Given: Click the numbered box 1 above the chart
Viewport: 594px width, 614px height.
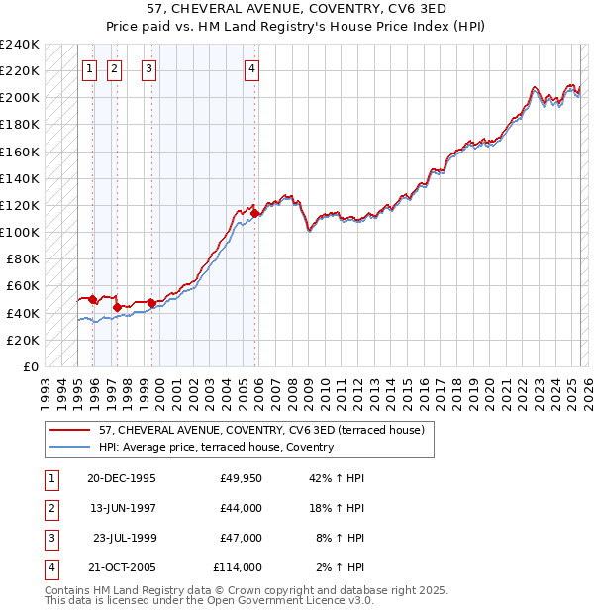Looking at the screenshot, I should [90, 68].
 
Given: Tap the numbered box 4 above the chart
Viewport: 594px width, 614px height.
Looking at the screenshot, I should [252, 68].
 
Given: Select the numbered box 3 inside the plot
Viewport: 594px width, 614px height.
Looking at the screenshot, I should [148, 68].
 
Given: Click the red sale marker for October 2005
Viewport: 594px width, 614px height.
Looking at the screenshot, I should [255, 213].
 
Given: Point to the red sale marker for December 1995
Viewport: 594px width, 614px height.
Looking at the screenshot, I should [93, 299].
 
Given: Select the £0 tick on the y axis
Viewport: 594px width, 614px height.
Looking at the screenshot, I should [32, 366].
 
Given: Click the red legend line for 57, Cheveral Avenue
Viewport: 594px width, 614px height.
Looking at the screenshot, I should [69, 430].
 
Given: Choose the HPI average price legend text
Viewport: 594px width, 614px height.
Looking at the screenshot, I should [216, 447].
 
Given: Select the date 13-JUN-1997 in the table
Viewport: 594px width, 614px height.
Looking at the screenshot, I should [122, 508].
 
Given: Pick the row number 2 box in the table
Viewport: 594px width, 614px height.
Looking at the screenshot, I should [50, 508].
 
